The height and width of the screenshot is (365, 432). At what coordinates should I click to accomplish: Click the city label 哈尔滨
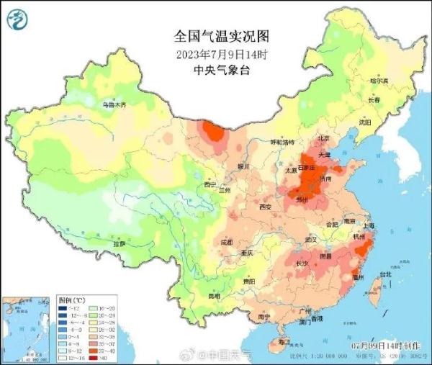click(x=379, y=81)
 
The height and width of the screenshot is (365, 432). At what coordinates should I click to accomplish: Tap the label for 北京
click(x=323, y=138)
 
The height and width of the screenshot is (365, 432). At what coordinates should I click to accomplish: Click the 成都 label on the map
click(x=226, y=242)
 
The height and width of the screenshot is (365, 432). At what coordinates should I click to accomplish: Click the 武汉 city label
click(x=311, y=238)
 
